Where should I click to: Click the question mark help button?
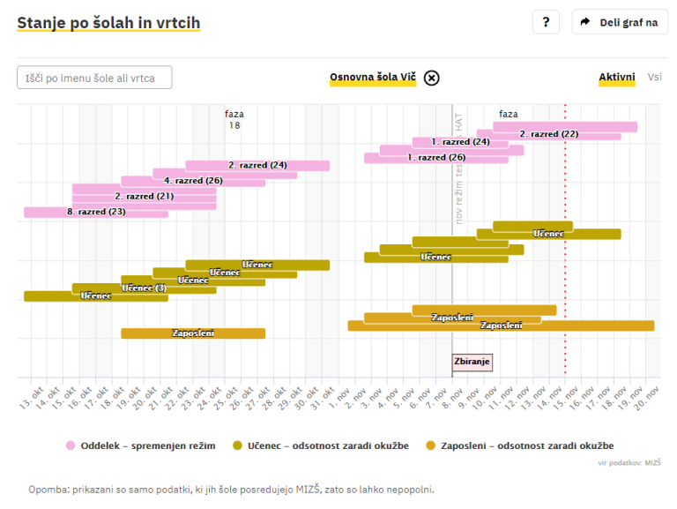tap(546, 23)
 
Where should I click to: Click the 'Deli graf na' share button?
tap(620, 23)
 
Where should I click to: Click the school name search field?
tap(94, 78)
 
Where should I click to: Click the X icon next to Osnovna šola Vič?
tap(431, 78)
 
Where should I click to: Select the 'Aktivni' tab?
tap(617, 78)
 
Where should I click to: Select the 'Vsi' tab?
tap(655, 78)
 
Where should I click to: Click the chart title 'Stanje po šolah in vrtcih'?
tap(108, 23)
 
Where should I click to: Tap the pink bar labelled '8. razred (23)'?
tap(95, 212)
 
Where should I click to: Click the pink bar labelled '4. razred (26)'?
tap(193, 181)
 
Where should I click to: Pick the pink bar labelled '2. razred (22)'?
tap(548, 134)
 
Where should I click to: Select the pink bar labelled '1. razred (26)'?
tap(436, 158)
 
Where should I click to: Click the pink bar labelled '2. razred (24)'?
tap(257, 165)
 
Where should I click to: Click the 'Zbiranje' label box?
tap(472, 362)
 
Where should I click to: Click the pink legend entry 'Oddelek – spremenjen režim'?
tap(140, 445)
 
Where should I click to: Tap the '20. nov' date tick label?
tap(650, 398)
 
